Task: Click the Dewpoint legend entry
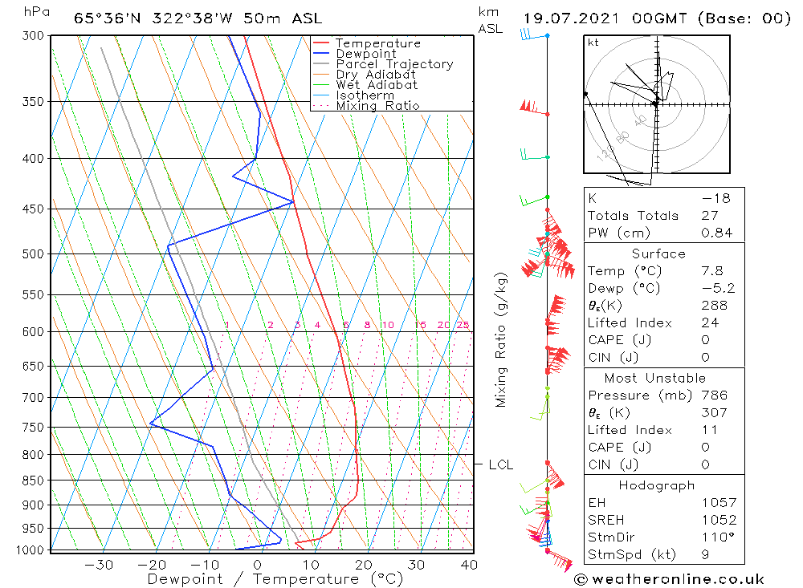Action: click(x=365, y=54)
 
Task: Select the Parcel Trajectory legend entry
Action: click(x=394, y=64)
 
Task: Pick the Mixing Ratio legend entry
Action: click(x=377, y=106)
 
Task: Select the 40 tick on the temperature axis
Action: click(x=469, y=565)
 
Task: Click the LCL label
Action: click(x=500, y=464)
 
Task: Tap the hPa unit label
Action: click(x=35, y=11)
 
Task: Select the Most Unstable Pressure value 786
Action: click(x=714, y=395)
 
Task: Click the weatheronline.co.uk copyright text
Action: click(x=669, y=578)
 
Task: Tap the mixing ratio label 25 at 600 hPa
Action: click(x=463, y=325)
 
